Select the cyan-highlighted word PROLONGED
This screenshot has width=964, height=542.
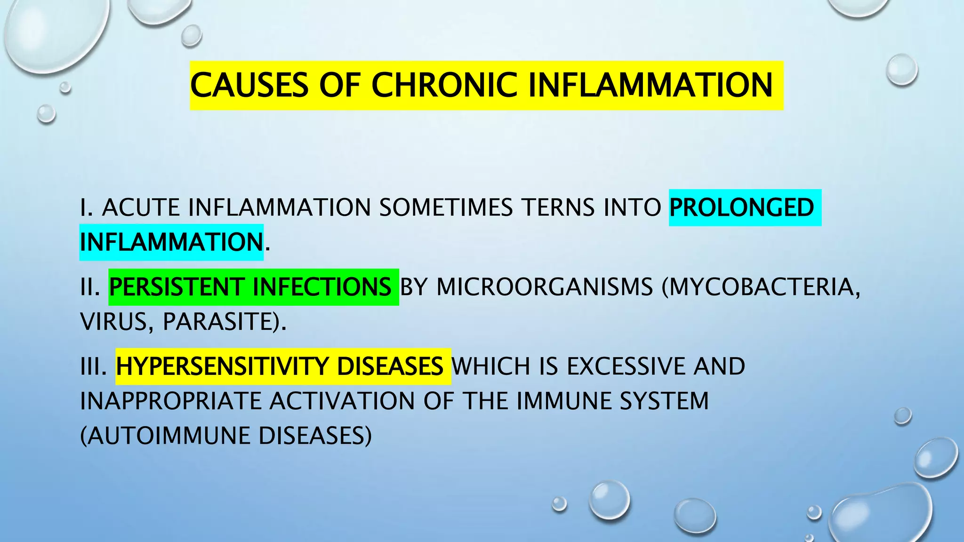point(741,207)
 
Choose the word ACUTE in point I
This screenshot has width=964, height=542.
point(141,207)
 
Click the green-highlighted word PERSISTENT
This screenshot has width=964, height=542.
point(177,287)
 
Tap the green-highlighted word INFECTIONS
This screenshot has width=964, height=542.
point(321,287)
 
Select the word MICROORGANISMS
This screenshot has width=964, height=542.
point(545,287)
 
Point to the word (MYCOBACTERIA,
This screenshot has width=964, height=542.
point(761,287)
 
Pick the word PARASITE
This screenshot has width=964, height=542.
point(221,322)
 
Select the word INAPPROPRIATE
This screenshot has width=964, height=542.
point(170,401)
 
